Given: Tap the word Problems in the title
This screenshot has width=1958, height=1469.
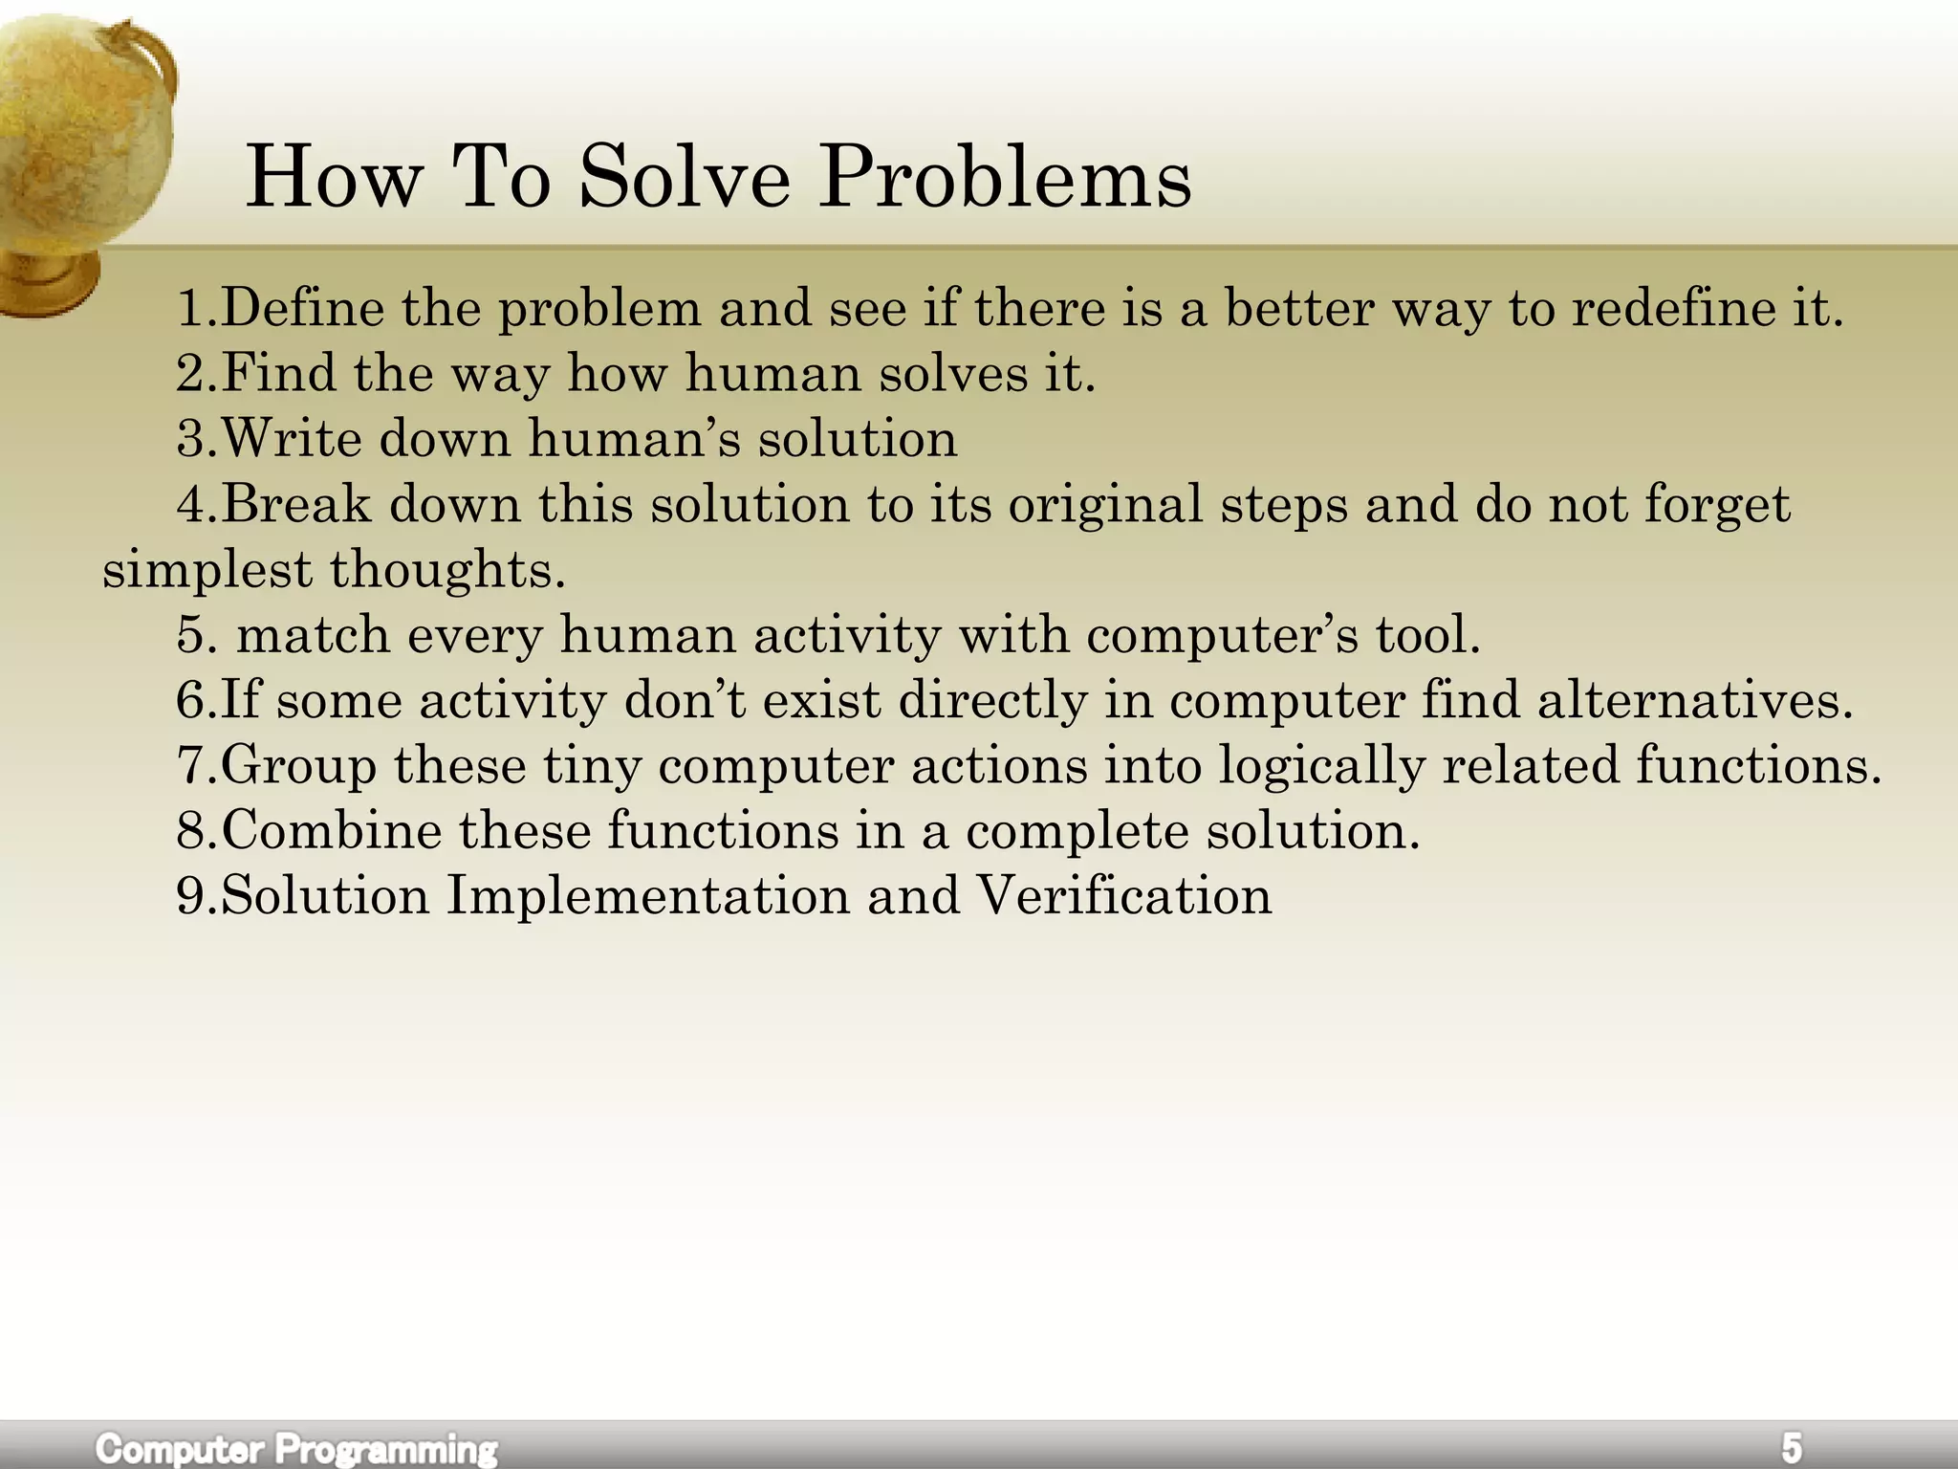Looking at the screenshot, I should click(x=1005, y=180).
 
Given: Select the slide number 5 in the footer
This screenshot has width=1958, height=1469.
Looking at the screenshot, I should click(x=1791, y=1446).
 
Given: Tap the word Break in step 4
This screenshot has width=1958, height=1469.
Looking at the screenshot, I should click(x=296, y=504).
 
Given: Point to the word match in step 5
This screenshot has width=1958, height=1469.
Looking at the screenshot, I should click(x=314, y=635).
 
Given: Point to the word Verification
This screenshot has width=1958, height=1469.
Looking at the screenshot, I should click(x=1124, y=896).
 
